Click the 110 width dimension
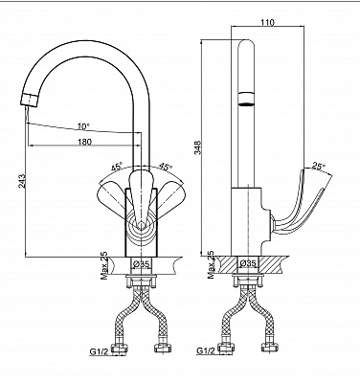(x=267, y=22)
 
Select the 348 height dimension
(x=197, y=147)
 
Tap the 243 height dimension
(x=22, y=181)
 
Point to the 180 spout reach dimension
(x=84, y=142)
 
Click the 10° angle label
(x=82, y=126)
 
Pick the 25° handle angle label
(x=319, y=166)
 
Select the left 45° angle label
(x=117, y=167)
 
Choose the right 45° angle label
(x=165, y=167)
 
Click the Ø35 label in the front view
(x=142, y=264)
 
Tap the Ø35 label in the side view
(x=248, y=263)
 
